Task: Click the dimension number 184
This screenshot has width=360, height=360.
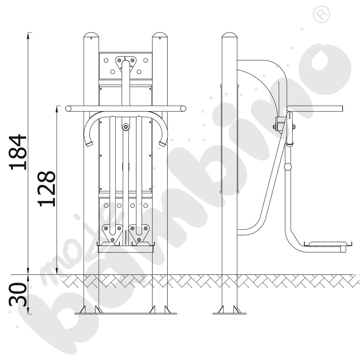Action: coord(18,152)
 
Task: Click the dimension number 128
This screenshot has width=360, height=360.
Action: coord(46,189)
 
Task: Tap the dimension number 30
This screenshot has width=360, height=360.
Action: coord(18,295)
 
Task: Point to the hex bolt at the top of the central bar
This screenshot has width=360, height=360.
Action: coord(126,127)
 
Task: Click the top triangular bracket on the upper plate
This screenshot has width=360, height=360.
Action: coord(126,63)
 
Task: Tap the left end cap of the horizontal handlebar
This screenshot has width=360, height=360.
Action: coord(68,109)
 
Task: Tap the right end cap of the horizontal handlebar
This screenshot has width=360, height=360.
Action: coord(183,109)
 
